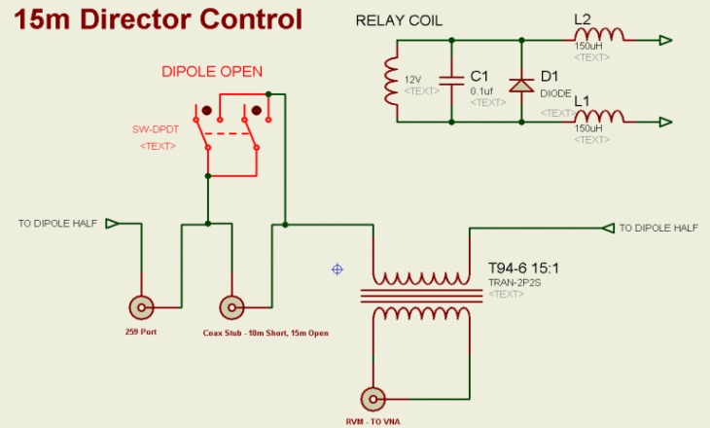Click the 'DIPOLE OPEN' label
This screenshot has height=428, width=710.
click(211, 71)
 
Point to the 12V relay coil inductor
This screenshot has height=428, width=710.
click(391, 81)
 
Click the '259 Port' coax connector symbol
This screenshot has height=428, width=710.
click(142, 307)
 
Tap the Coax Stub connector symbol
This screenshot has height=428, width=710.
click(231, 307)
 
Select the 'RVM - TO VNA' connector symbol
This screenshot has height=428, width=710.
click(373, 399)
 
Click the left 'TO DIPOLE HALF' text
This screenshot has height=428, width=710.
click(57, 224)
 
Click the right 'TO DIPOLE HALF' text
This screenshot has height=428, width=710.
click(658, 228)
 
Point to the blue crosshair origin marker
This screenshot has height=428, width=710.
click(337, 268)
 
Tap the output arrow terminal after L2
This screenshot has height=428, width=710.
click(665, 40)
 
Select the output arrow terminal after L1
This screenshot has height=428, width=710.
click(665, 122)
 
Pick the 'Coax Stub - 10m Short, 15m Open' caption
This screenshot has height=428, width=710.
click(266, 333)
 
